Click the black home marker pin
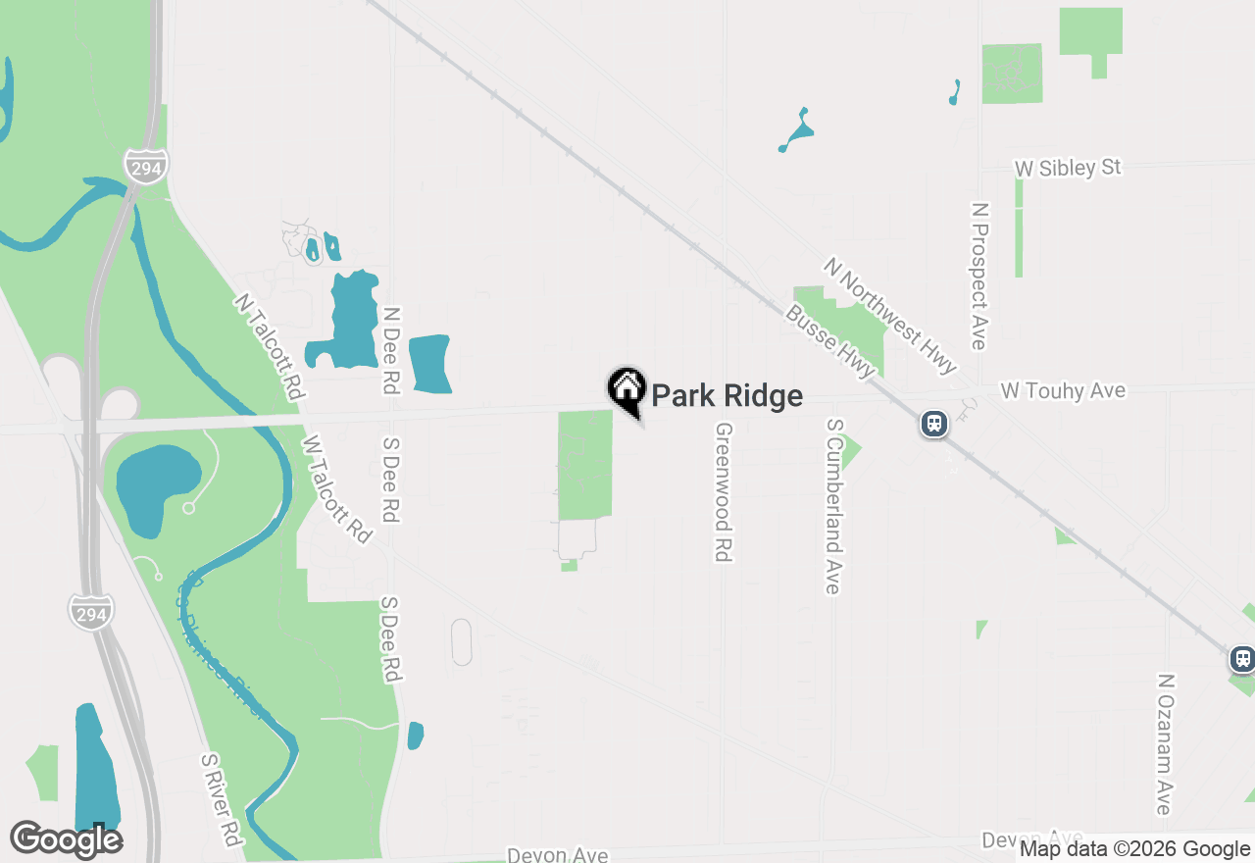tap(627, 389)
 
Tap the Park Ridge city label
tap(727, 396)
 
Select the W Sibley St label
tap(1068, 169)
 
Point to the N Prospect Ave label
tap(978, 276)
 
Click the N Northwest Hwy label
tap(889, 316)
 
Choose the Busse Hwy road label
tap(829, 341)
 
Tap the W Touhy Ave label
tap(1063, 391)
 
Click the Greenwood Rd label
tap(724, 492)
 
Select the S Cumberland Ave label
tap(833, 506)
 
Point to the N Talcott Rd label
tap(267, 346)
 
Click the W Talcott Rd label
tap(337, 489)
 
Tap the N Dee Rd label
tap(391, 350)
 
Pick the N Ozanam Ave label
tap(1165, 743)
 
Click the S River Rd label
tap(221, 800)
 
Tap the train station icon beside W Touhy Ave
tap(933, 424)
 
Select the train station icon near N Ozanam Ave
tap(1242, 659)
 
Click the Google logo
tap(67, 839)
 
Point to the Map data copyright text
tap(1134, 849)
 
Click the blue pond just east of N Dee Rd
tap(429, 364)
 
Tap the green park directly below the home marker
tap(584, 466)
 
